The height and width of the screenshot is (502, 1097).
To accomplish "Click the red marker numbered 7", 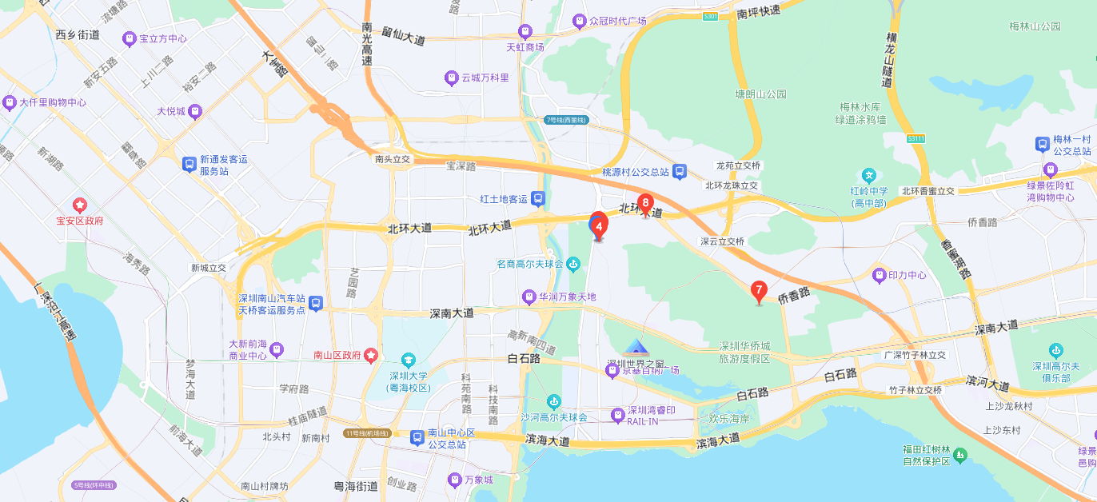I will coord(759,291).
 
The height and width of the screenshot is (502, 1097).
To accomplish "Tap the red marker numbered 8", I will coord(645,203).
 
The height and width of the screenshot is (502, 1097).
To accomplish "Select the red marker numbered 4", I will coord(598,225).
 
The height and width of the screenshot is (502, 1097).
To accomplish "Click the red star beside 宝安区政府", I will coord(79,205).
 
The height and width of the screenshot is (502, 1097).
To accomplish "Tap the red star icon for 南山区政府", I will coord(371,354).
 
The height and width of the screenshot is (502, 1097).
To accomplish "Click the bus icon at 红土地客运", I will coord(539,198).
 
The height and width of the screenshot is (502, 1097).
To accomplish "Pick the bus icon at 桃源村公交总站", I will coord(679,171).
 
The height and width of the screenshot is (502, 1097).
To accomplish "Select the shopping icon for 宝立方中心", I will coord(129,38).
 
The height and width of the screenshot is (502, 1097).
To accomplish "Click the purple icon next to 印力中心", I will coord(880,275).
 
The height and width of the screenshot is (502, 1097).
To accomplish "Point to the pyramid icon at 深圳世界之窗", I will coord(636,347).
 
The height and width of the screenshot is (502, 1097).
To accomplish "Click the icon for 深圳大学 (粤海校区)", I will coord(409,361).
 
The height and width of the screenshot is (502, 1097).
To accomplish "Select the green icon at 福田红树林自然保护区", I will coord(959,455).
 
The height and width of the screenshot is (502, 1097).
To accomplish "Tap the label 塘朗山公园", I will coord(760,94).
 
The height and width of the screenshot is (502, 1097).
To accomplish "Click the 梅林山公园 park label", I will coord(1035,26).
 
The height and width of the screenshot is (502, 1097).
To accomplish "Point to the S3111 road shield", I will coord(915,138).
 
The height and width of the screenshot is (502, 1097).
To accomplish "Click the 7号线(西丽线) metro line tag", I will coord(567,120).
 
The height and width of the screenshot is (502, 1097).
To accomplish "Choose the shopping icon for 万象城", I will coord(453,480).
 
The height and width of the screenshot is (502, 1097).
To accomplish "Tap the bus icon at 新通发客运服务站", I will coord(189,165).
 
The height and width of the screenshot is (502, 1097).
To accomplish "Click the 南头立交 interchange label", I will coord(392,159).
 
